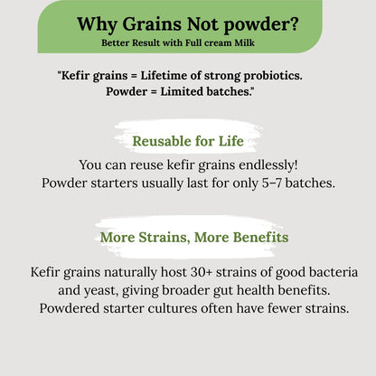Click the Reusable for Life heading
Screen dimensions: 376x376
(x=187, y=141)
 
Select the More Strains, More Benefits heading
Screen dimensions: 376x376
(x=194, y=238)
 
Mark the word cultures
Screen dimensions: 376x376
(x=188, y=308)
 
